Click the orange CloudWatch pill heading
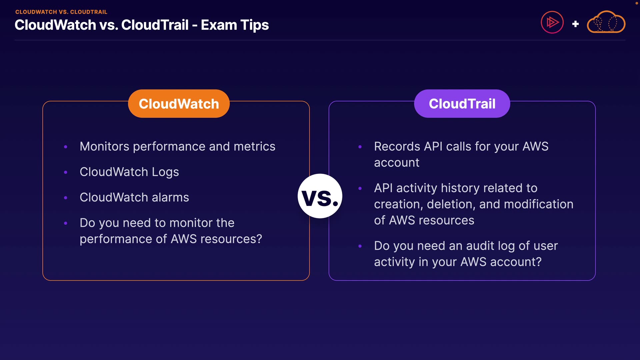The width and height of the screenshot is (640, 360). pyautogui.click(x=179, y=103)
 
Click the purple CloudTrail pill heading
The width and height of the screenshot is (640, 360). pyautogui.click(x=462, y=103)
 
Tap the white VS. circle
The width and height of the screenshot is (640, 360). pyautogui.click(x=320, y=196)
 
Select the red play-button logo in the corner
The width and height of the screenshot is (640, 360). pyautogui.click(x=552, y=22)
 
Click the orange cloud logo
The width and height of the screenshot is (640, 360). pyautogui.click(x=606, y=22)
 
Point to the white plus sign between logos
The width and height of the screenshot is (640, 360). pyautogui.click(x=575, y=24)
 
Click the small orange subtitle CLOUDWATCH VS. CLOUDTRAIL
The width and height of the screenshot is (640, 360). pyautogui.click(x=61, y=12)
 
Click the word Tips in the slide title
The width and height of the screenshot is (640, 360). pyautogui.click(x=255, y=25)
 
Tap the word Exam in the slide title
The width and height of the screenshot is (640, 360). pyautogui.click(x=219, y=25)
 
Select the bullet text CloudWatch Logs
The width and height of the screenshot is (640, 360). pyautogui.click(x=129, y=172)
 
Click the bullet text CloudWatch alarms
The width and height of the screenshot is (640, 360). pyautogui.click(x=134, y=197)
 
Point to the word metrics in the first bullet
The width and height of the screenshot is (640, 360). pyautogui.click(x=255, y=147)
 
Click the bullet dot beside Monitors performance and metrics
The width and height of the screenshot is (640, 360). pyautogui.click(x=66, y=147)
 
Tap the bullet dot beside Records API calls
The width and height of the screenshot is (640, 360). pyautogui.click(x=360, y=147)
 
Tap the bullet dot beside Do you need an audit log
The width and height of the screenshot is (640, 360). pyautogui.click(x=360, y=246)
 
